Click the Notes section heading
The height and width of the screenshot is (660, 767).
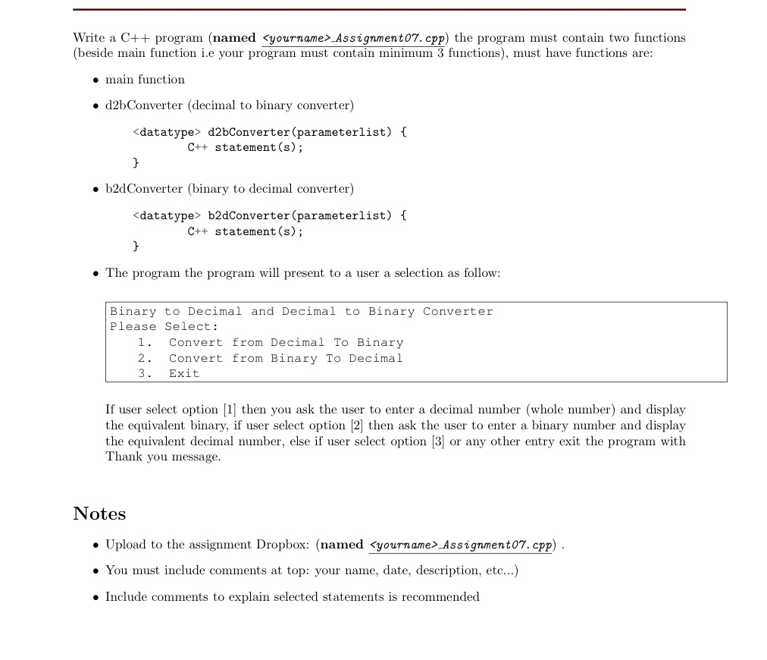pos(99,514)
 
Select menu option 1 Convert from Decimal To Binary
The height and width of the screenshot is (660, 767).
pos(286,343)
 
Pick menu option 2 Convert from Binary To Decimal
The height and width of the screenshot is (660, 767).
pos(286,358)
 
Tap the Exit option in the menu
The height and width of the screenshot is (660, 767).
pos(184,373)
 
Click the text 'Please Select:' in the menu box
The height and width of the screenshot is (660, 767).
pos(164,327)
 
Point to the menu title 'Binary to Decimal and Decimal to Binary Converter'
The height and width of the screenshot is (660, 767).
pos(301,312)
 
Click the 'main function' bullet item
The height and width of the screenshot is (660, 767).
pos(145,80)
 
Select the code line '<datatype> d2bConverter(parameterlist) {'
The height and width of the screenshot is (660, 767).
pos(269,132)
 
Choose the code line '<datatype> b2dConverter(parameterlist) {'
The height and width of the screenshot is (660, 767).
pos(269,215)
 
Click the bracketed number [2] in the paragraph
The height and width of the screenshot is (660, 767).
pos(356,426)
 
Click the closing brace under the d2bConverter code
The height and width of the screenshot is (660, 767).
pos(136,162)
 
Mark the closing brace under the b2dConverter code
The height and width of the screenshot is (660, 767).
pos(136,246)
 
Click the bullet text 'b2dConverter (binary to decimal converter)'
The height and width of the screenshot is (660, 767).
pos(229,189)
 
